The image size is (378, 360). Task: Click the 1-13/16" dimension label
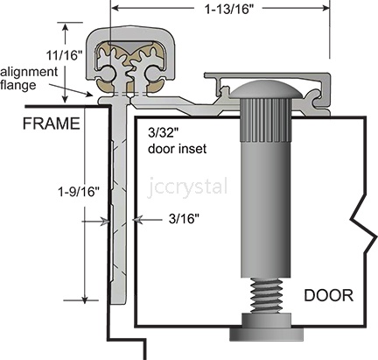229,9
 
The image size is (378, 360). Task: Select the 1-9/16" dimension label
80,192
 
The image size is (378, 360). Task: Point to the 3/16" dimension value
184,219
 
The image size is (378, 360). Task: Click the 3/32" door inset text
178,141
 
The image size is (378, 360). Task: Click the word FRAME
52,124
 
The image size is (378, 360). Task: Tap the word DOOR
329,295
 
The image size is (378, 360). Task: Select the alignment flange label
29,78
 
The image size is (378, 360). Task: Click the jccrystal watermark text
187,186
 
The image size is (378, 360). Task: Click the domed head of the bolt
265,89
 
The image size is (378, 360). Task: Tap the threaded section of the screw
267,295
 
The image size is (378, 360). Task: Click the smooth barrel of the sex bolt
266,208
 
